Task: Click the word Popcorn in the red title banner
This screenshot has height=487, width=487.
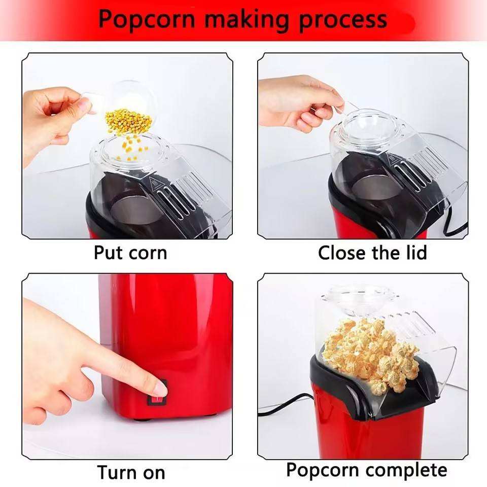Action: point(146,19)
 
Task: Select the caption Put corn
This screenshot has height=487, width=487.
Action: point(130,252)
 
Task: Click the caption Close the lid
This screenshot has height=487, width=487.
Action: point(372,252)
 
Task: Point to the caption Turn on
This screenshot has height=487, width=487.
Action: point(131,472)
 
